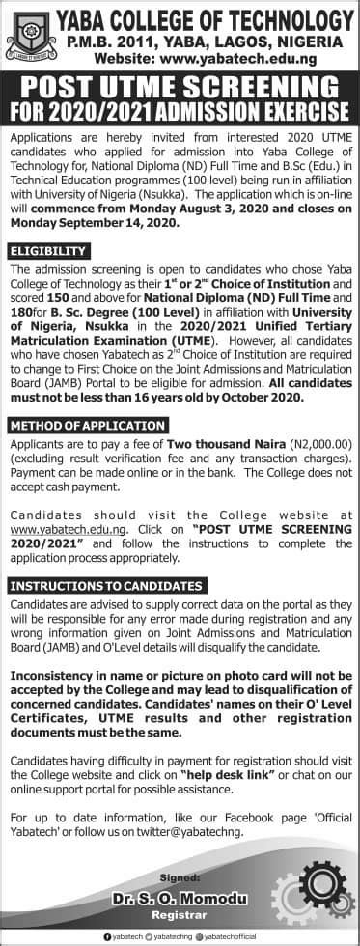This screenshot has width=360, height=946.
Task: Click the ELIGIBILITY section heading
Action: click(x=47, y=251)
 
